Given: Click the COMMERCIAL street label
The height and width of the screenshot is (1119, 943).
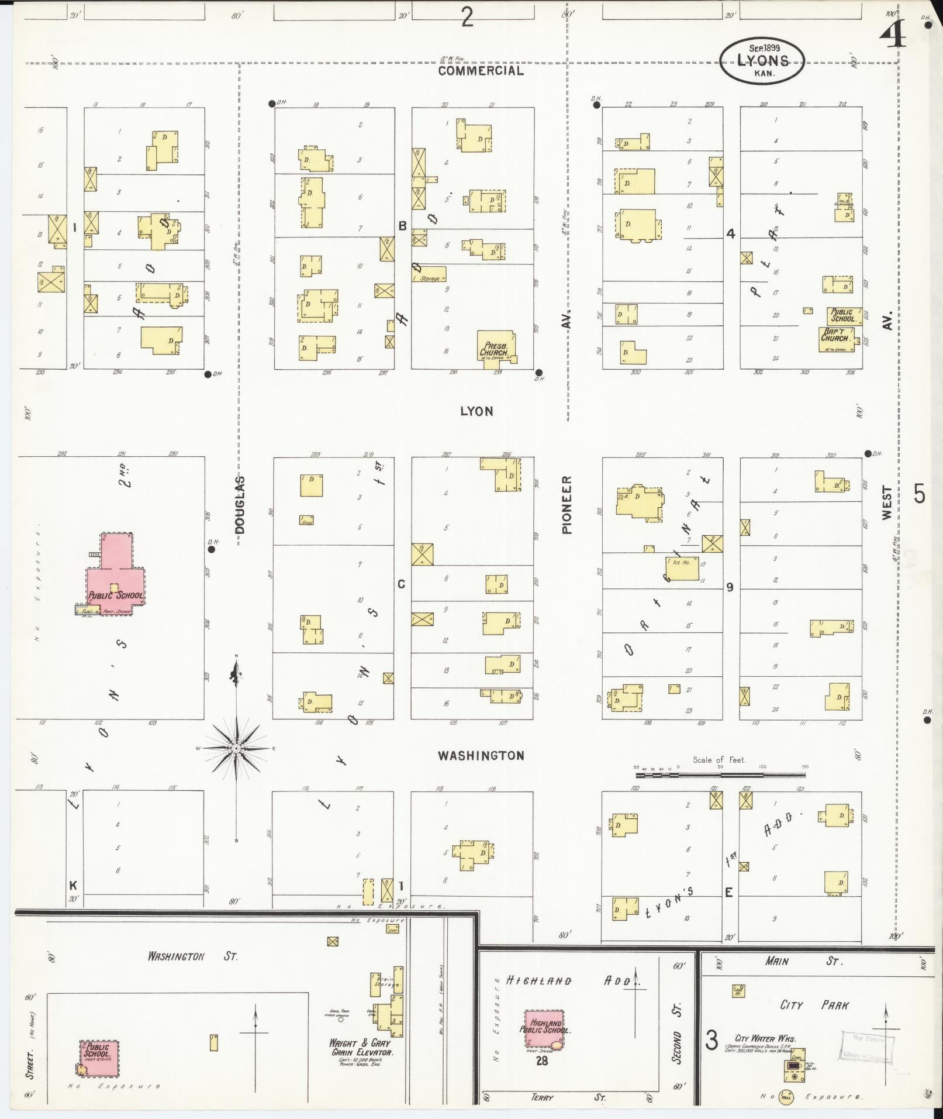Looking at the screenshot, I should coord(481,71).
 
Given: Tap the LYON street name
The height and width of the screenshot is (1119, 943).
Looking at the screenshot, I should coord(476,411).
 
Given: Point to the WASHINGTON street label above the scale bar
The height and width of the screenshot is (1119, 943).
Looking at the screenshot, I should coord(481,756).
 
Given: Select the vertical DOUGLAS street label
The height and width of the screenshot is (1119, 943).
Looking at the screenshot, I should coord(240,504).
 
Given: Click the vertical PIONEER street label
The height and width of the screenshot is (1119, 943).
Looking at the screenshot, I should coord(567,504).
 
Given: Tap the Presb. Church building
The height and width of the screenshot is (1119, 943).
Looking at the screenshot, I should coord(496,347).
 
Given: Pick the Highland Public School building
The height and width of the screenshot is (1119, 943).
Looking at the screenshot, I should coord(544,1029).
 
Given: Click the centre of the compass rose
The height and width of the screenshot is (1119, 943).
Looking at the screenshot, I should coord(236,748).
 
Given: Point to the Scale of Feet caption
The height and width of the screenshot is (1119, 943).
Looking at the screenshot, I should coord(719,760).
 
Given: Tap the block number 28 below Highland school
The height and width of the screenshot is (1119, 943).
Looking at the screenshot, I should coord(542,1060).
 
